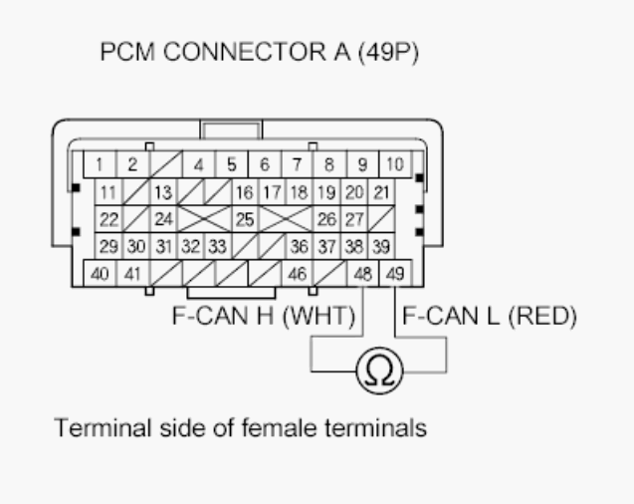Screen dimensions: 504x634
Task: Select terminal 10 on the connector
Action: click(x=394, y=164)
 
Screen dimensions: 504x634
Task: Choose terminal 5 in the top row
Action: click(x=231, y=164)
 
